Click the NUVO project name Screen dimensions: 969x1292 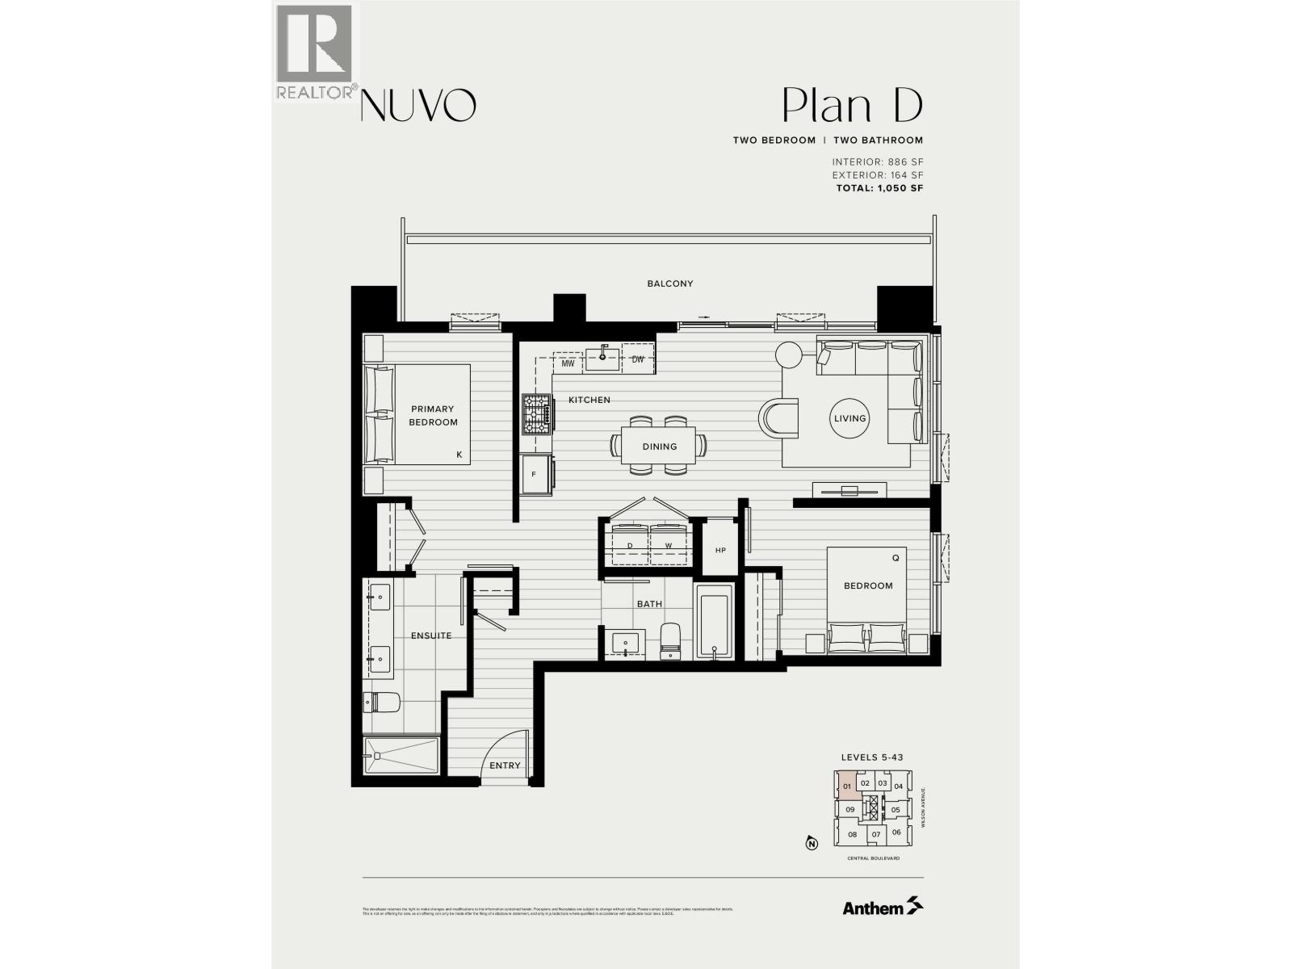pyautogui.click(x=417, y=105)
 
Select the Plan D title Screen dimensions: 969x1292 pyautogui.click(x=852, y=106)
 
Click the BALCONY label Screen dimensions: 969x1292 pyautogui.click(x=669, y=283)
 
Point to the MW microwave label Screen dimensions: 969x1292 pyautogui.click(x=568, y=363)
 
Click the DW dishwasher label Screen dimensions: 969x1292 pyautogui.click(x=638, y=360)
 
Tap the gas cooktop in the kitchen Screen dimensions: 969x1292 pyautogui.click(x=535, y=413)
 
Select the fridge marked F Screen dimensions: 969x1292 pyautogui.click(x=535, y=474)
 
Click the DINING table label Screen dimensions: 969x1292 pyautogui.click(x=660, y=447)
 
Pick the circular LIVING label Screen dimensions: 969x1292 pyautogui.click(x=849, y=418)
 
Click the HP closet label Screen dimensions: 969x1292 pyautogui.click(x=720, y=551)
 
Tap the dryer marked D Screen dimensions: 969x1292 pyautogui.click(x=630, y=546)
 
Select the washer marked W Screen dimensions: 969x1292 pyautogui.click(x=669, y=546)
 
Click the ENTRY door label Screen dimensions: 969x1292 pyautogui.click(x=505, y=766)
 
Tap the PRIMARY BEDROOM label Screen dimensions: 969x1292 pyautogui.click(x=433, y=415)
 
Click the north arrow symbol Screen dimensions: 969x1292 pyautogui.click(x=812, y=845)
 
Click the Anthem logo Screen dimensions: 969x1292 pyautogui.click(x=883, y=908)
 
